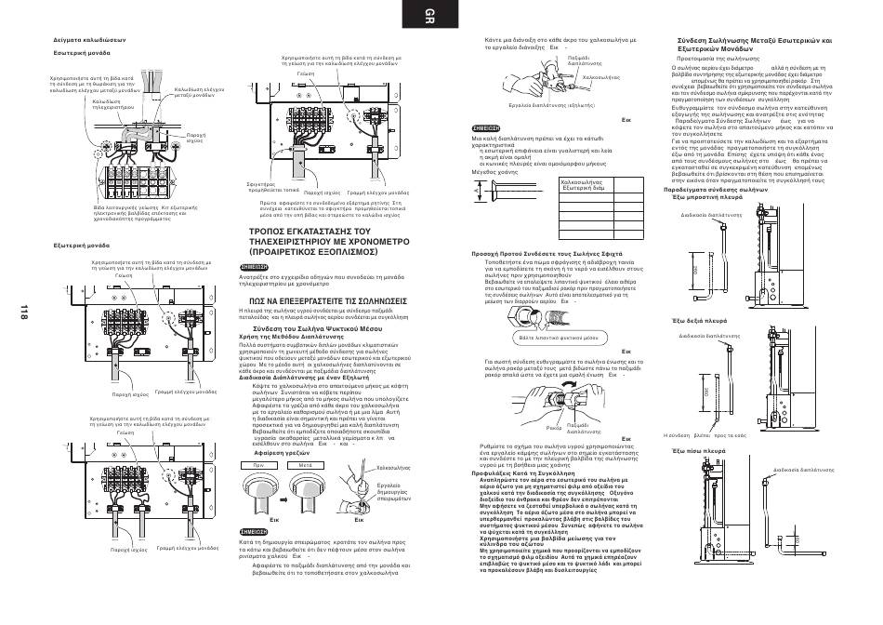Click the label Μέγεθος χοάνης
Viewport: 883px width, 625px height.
click(x=498, y=171)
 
